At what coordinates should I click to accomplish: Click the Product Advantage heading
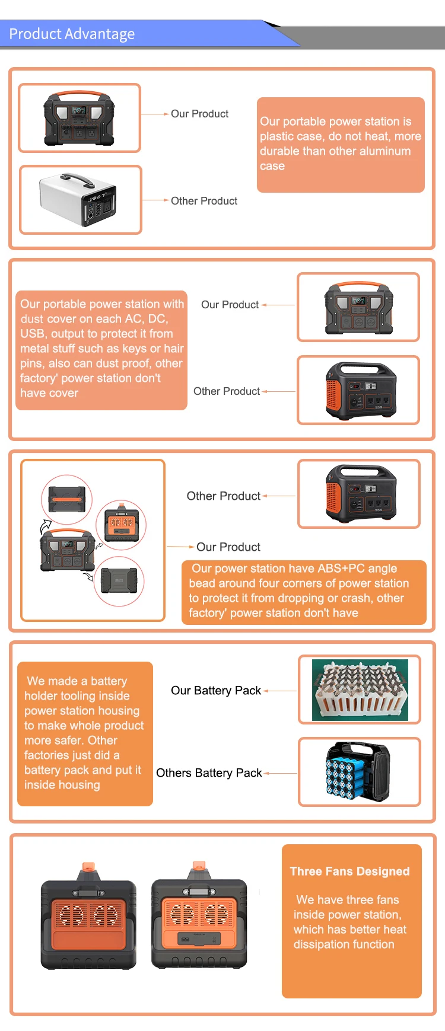click(x=72, y=34)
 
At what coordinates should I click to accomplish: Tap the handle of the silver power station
click(x=78, y=179)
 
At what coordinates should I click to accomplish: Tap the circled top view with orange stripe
click(x=67, y=500)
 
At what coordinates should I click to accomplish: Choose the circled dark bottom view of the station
click(x=119, y=581)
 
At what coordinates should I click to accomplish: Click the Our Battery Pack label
click(x=215, y=691)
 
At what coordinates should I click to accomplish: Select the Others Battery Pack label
click(x=209, y=773)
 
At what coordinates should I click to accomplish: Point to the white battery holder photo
click(x=360, y=690)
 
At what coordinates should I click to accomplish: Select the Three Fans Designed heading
click(x=349, y=872)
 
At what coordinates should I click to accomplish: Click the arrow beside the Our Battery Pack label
click(x=279, y=691)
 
